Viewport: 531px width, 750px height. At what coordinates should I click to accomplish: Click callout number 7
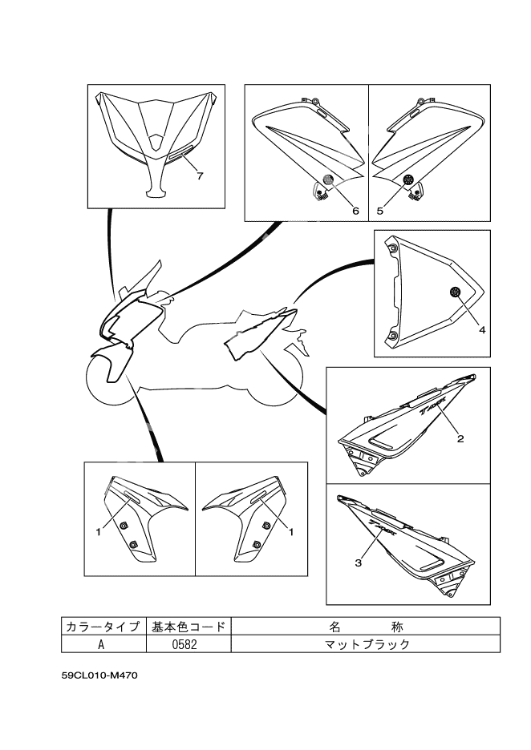200,175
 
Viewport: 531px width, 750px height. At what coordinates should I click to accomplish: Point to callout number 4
482,329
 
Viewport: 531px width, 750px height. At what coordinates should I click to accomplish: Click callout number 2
460,438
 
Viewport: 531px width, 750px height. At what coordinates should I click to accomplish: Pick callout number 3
358,562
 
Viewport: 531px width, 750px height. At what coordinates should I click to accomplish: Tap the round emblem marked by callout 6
327,179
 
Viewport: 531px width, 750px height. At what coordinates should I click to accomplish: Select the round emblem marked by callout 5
408,179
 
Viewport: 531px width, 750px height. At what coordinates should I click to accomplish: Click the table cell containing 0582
185,643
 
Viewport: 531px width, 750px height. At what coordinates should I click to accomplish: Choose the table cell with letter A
102,643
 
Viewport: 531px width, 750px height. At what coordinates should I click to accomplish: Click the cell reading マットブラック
365,643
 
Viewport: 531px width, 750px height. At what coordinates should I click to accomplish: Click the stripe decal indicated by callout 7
176,156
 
